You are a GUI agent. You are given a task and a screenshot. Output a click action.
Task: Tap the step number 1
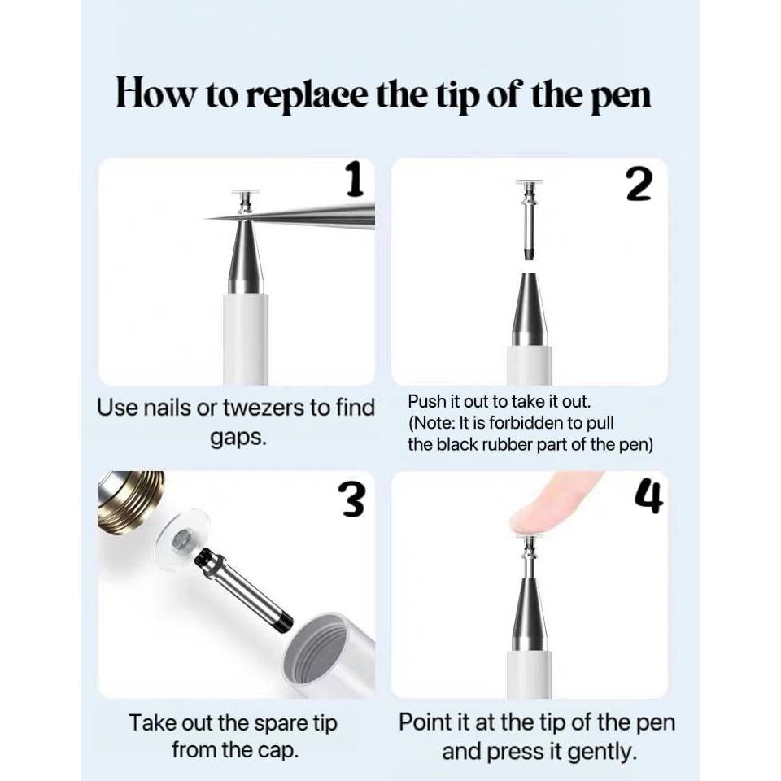(x=355, y=181)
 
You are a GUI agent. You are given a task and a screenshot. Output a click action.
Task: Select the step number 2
(x=639, y=185)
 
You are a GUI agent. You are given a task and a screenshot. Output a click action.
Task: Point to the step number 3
(x=351, y=500)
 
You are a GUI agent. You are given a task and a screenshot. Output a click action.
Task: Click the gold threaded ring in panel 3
(x=130, y=500)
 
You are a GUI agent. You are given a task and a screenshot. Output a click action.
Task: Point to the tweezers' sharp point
(x=206, y=219)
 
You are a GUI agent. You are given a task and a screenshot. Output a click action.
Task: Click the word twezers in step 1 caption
(x=263, y=408)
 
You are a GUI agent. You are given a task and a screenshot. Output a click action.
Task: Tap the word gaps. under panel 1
(x=238, y=438)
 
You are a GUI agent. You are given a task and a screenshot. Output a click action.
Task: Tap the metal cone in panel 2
(x=530, y=309)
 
